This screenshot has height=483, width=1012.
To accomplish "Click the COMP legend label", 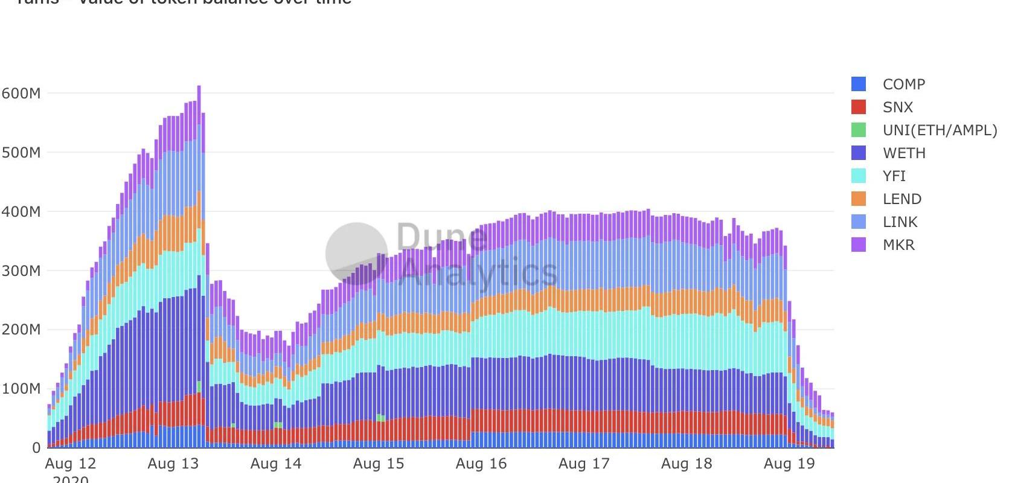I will point(903,85).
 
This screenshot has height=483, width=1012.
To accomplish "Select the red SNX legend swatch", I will point(858,107).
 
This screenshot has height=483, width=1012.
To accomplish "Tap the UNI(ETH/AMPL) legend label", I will point(940,130).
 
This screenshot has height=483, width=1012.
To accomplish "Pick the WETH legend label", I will point(904,153).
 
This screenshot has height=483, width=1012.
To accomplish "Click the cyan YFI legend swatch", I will point(858,176).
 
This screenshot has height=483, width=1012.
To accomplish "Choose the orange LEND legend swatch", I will point(858,199).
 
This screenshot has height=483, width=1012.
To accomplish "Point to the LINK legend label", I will point(900,222).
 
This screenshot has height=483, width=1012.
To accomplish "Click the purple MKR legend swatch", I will point(858,245).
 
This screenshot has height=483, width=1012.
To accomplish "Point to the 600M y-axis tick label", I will point(21,94).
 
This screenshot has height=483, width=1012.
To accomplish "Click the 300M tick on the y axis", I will point(21,271).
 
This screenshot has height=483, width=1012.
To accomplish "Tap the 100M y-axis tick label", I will point(21,389).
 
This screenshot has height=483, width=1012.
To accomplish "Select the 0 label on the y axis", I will point(36,448).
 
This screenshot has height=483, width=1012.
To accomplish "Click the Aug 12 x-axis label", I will point(71,464).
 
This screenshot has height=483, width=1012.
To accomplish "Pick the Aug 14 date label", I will point(276,464).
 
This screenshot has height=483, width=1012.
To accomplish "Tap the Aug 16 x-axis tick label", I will point(481,464).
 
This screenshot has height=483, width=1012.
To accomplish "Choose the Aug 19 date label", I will point(789,464).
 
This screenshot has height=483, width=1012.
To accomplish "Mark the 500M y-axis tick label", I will point(21,153).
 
